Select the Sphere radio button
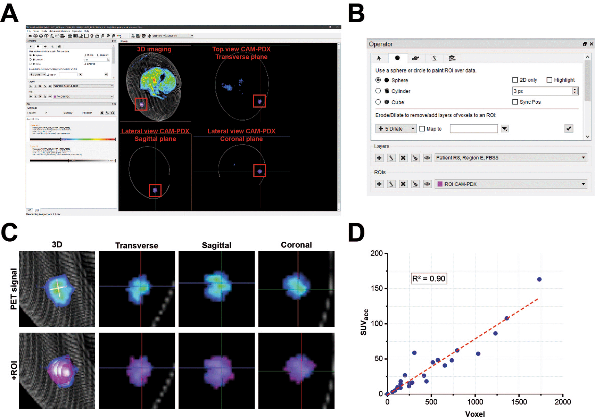point(378,80)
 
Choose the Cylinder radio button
point(378,91)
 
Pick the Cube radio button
point(378,102)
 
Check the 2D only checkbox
point(515,80)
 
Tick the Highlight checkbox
point(549,80)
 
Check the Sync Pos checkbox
point(515,102)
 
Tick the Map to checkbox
point(422,129)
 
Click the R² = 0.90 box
point(429,278)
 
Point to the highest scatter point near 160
point(539,280)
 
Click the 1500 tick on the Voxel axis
point(519,402)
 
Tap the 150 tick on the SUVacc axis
point(377,289)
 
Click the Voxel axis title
point(475,414)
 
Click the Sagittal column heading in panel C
point(216,245)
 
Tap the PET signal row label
point(14,289)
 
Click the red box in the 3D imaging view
point(141,104)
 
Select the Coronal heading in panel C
point(296,245)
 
